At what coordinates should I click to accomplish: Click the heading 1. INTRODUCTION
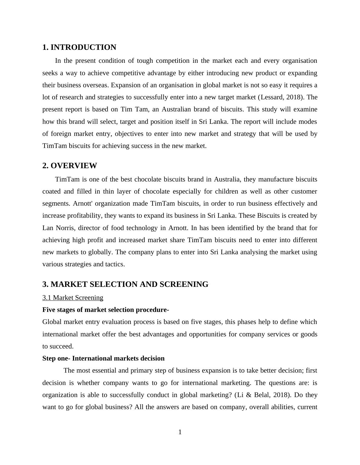(79, 47)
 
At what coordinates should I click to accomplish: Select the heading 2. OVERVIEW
(70, 166)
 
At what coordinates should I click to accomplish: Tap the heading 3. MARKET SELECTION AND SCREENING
(125, 284)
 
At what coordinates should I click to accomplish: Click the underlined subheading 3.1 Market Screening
(73, 298)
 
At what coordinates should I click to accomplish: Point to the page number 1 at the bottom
(180, 432)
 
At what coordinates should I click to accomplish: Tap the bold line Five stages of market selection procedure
(105, 310)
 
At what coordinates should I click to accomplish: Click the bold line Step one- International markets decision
(103, 358)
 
